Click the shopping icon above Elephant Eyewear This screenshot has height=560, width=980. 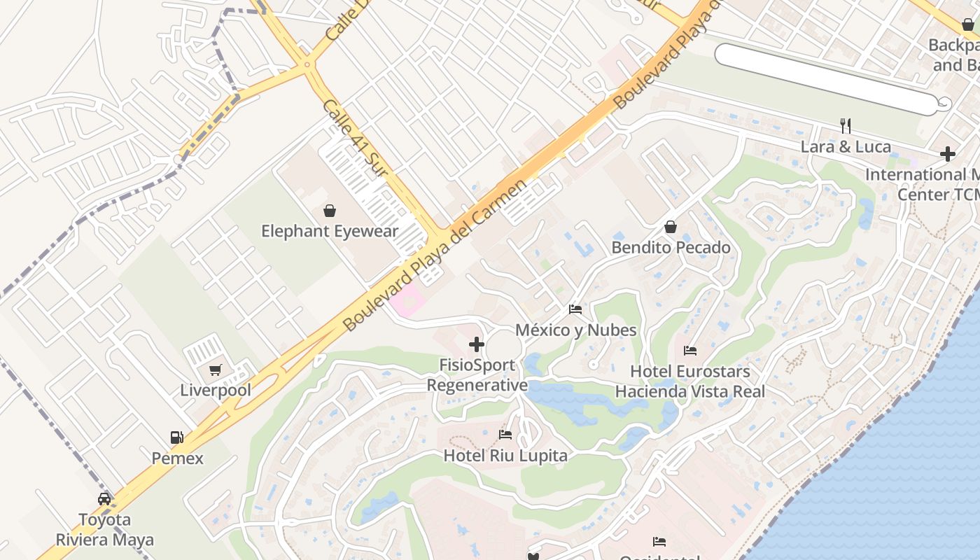[329, 210]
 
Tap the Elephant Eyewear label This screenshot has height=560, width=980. [330, 231]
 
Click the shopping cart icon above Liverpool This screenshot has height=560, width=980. [215, 370]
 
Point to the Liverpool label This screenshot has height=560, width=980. [216, 390]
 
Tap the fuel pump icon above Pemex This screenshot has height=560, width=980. [177, 437]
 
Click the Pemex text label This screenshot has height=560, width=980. [178, 458]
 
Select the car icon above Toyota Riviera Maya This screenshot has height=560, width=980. [104, 499]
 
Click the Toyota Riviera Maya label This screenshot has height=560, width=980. [105, 530]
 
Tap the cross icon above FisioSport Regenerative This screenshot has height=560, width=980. [477, 344]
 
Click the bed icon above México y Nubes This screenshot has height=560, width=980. [575, 309]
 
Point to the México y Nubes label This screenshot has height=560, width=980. [576, 330]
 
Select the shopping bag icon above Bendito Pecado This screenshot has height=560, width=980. [671, 227]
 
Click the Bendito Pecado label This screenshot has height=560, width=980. [671, 248]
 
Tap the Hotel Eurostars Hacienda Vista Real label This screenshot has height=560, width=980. [690, 381]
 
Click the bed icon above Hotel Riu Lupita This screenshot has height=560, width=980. [505, 435]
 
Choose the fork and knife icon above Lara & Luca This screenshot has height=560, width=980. [846, 126]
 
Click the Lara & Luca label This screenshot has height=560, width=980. [846, 147]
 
